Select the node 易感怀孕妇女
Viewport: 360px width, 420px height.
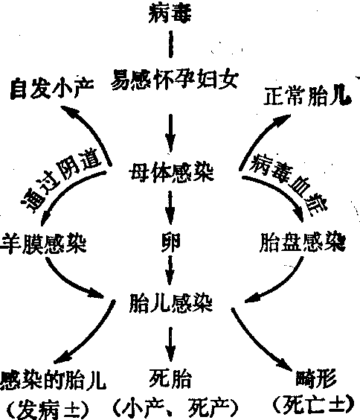(174, 79)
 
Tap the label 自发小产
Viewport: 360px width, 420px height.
(52, 88)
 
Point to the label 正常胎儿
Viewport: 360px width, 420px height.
(307, 95)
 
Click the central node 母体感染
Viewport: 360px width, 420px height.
(171, 172)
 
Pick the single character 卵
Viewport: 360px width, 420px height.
(170, 243)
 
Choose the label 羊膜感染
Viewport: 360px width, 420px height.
(43, 244)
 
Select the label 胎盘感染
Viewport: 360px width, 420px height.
(303, 243)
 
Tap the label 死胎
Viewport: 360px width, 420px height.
(170, 378)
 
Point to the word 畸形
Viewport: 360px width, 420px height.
(316, 379)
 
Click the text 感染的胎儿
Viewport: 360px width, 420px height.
(53, 381)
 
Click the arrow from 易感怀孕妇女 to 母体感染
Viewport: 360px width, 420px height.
(170, 133)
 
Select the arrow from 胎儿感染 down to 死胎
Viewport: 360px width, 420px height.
(170, 345)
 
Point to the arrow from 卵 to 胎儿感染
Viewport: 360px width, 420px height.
(170, 270)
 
